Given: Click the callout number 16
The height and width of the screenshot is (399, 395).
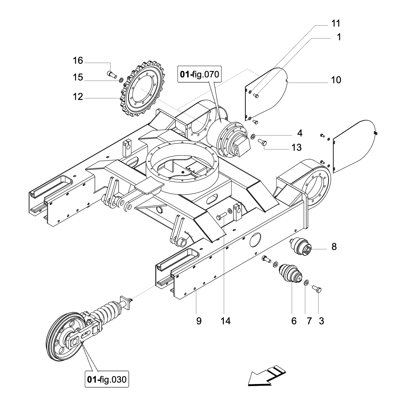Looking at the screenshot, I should coord(78,61).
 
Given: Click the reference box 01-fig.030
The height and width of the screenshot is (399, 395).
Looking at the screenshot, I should coord(107,379).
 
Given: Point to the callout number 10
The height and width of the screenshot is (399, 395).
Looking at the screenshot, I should coord(336,80).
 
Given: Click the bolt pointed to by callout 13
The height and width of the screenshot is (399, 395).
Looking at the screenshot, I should coord(263,143).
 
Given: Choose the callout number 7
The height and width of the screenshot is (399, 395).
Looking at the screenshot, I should coord(309,321).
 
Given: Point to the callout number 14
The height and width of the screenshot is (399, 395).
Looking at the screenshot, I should coord(226,321).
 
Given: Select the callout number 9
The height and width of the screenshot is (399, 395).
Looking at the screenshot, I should coord(199,321).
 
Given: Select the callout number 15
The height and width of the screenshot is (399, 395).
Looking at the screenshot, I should coord(78,77).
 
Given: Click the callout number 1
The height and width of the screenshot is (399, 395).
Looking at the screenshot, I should coord(339,37).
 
